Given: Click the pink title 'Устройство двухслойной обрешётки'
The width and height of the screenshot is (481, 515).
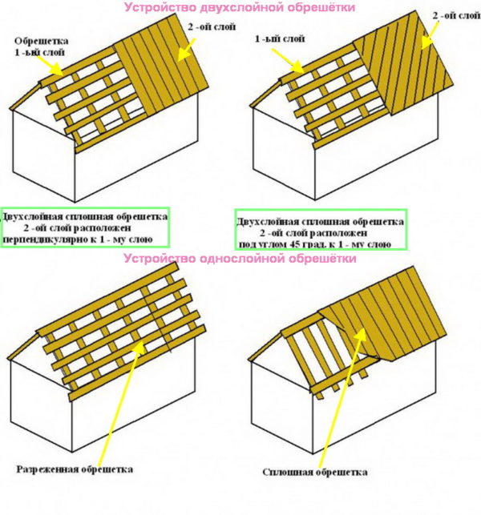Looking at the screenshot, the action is [x=240, y=7].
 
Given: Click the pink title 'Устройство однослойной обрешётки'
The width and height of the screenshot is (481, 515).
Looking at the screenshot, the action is [x=240, y=259].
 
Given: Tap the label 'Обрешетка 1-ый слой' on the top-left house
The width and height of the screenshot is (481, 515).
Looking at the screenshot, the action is [x=41, y=46].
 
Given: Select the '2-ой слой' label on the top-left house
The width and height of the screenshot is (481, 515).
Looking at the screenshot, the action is [x=212, y=26].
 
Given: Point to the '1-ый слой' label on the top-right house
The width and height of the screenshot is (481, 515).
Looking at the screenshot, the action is [x=280, y=38].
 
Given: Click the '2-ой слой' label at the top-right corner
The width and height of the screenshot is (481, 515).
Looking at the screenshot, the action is [x=456, y=15].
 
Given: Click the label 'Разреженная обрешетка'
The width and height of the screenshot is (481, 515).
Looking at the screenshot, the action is [x=75, y=469].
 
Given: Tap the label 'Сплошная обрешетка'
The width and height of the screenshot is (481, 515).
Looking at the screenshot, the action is [x=314, y=473].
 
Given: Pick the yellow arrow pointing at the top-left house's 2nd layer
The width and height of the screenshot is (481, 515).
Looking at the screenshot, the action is [x=187, y=50].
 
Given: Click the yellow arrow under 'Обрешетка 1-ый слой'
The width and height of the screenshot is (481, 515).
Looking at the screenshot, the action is [x=50, y=66].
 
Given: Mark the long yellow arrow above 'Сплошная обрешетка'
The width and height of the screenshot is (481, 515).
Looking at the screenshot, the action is [x=342, y=396].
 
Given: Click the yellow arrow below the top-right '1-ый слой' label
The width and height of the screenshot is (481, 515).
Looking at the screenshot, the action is [x=288, y=60].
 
